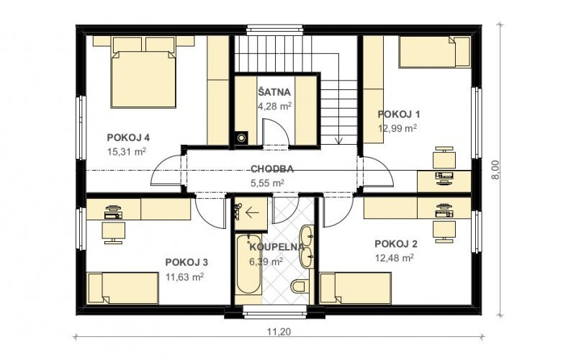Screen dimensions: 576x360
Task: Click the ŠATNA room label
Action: (x=274, y=92)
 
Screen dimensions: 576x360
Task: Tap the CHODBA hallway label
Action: (x=272, y=169)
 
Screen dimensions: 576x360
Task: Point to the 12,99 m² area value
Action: (x=397, y=128)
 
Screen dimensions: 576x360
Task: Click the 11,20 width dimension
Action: (x=279, y=332)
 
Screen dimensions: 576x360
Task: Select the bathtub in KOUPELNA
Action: (x=248, y=264)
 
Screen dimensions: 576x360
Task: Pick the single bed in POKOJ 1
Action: (x=435, y=52)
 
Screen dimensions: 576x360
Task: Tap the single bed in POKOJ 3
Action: (x=123, y=289)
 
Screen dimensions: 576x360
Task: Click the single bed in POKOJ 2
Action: (x=356, y=289)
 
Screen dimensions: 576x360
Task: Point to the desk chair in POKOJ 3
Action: (x=114, y=233)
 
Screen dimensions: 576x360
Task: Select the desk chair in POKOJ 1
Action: (x=444, y=157)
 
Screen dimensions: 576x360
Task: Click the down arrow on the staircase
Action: (x=338, y=140)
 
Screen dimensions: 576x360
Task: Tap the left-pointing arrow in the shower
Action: (x=252, y=212)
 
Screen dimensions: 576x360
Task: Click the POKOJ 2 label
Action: (x=396, y=244)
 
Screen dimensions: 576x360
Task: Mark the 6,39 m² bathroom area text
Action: (x=266, y=261)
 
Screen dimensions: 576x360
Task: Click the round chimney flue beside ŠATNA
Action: (x=241, y=138)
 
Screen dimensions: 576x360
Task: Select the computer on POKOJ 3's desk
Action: (x=114, y=212)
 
